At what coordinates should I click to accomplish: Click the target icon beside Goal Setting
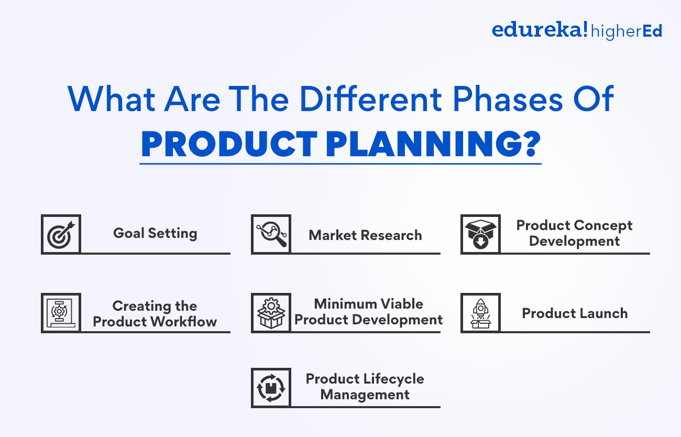coord(61,234)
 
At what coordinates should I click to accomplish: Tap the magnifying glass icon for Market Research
coord(271,234)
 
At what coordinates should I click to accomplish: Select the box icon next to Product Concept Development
coord(480,234)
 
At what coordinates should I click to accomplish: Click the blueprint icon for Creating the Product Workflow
coord(61,313)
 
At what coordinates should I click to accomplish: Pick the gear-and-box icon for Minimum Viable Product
coord(271,313)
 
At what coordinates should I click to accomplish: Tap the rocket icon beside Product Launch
coord(480,313)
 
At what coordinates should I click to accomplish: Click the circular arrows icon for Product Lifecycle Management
coord(271,388)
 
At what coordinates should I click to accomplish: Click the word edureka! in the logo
coord(539,30)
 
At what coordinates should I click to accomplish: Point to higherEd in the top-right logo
coord(627,31)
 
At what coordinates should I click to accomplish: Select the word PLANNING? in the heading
coord(433,144)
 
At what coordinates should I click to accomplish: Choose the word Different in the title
coord(359,98)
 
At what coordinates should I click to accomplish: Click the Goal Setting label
coord(155,233)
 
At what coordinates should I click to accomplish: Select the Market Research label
coord(365,235)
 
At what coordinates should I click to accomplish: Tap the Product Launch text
coord(575,313)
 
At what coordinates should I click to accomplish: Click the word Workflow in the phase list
coord(183,322)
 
